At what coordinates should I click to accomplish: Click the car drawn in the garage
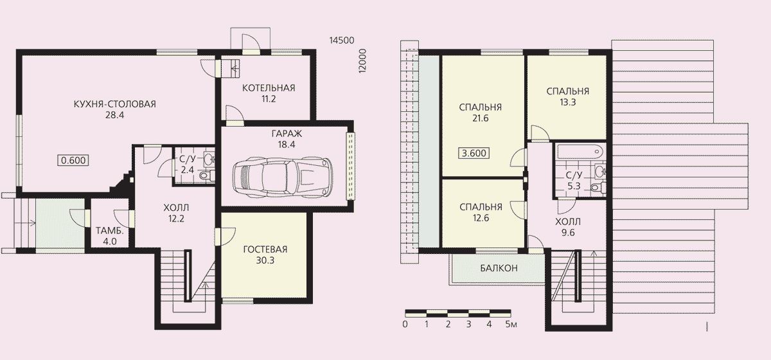282,177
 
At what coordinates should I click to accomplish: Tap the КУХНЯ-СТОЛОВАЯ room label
114,104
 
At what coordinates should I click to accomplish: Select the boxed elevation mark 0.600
73,160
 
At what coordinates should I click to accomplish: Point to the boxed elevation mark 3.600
474,153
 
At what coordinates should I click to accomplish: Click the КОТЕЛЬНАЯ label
269,88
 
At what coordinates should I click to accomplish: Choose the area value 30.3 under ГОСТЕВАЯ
265,260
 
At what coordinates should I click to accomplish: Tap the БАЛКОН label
499,268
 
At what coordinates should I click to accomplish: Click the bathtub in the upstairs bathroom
580,151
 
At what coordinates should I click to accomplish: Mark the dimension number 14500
342,40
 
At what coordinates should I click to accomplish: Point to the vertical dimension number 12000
362,60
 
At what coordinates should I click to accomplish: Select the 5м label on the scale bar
511,324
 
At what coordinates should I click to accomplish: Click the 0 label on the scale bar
405,324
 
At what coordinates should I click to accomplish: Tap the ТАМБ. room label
109,231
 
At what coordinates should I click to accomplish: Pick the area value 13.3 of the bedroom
567,102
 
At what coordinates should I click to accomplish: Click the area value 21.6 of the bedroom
480,118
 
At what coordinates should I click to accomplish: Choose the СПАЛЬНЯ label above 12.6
481,207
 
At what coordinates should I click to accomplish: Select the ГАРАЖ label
287,133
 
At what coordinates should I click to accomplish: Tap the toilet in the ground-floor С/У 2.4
205,175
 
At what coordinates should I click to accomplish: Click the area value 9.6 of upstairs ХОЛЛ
568,233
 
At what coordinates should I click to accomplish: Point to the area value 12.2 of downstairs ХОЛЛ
176,219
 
